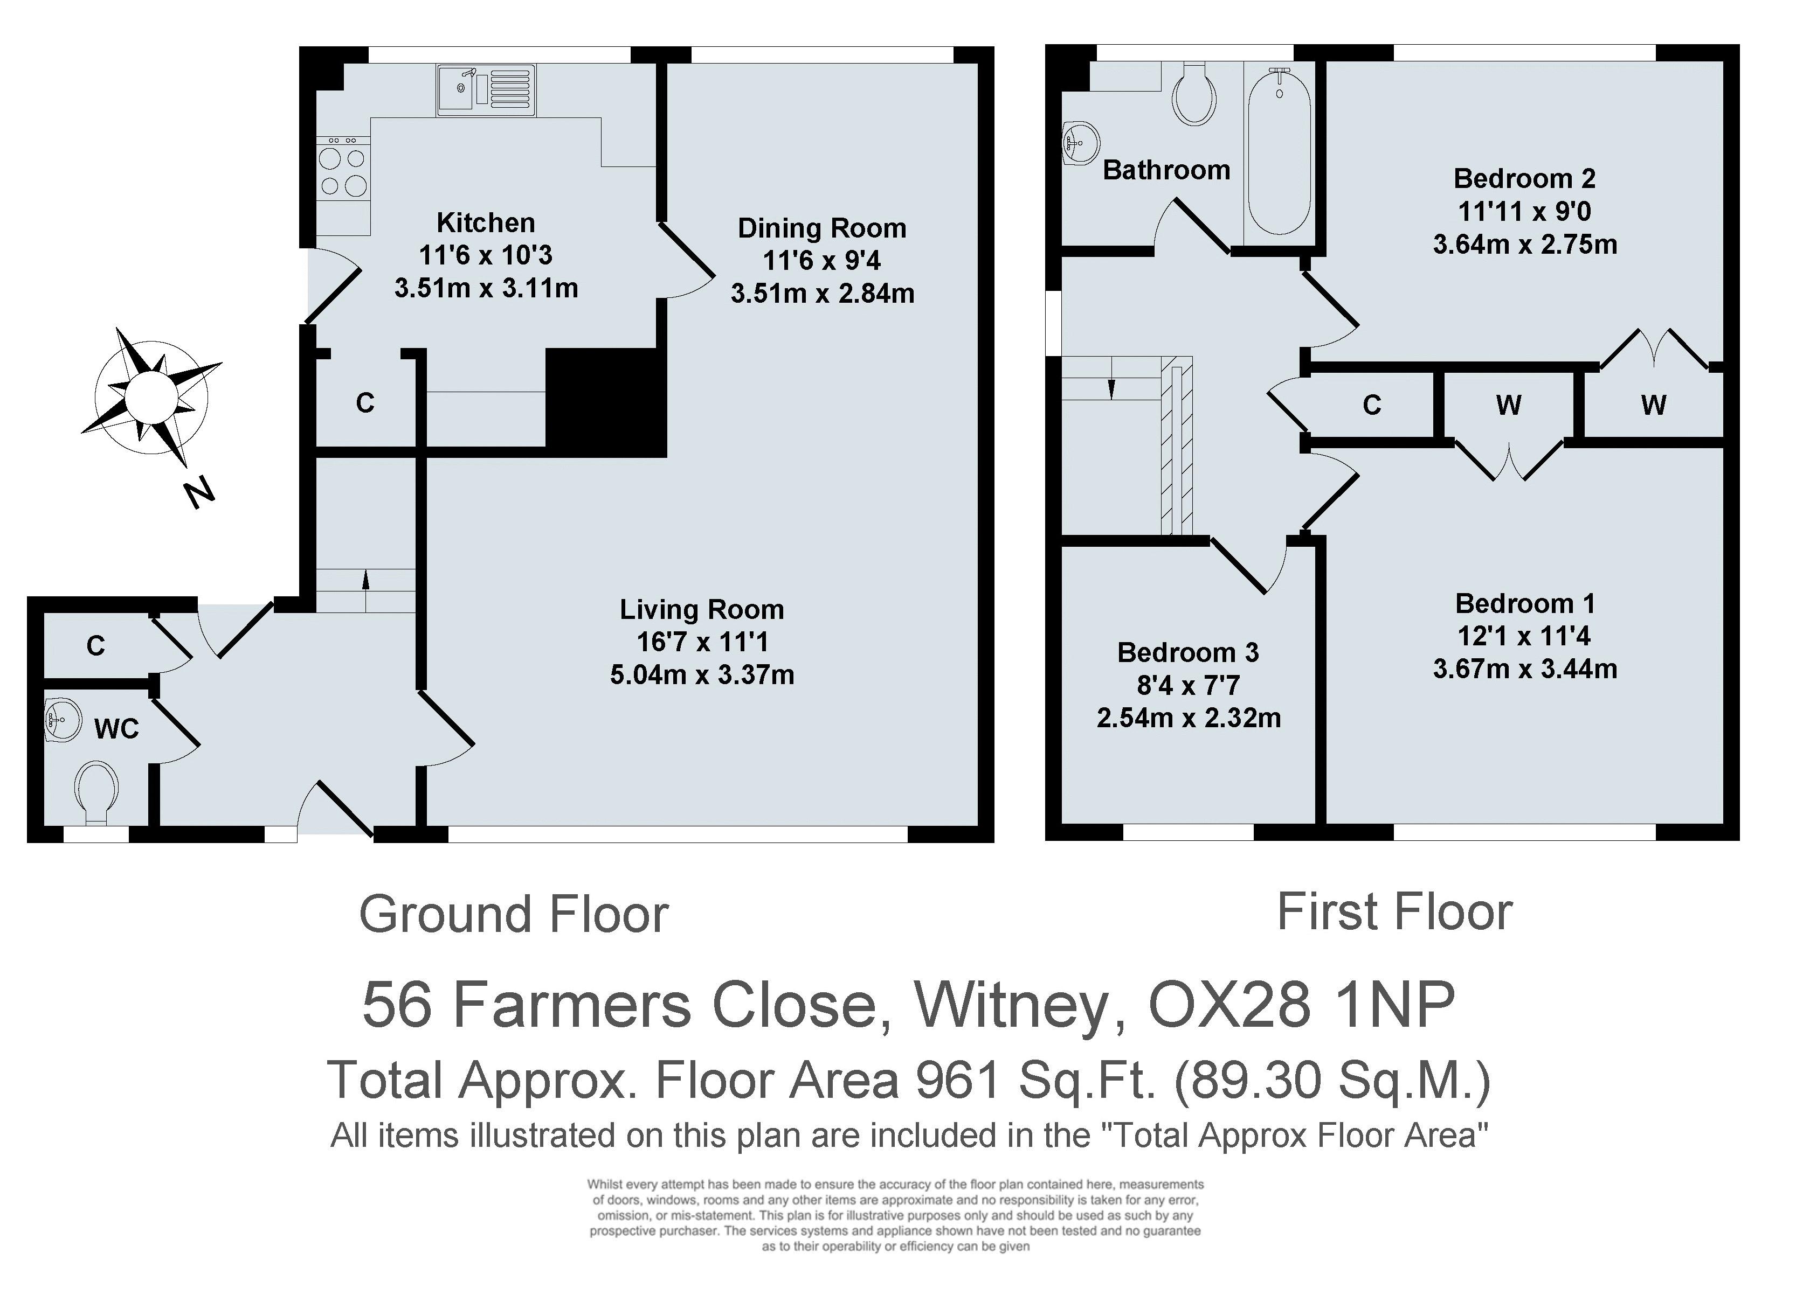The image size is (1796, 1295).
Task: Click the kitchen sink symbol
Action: [486, 89]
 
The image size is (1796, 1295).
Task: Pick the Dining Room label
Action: [822, 228]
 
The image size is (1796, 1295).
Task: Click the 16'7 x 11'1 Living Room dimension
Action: [702, 642]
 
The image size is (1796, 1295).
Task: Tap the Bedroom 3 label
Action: [1188, 652]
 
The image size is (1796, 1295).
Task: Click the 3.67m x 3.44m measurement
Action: [1524, 669]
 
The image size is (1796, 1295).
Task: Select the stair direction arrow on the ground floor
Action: [366, 580]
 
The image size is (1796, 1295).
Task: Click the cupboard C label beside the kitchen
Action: [364, 403]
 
